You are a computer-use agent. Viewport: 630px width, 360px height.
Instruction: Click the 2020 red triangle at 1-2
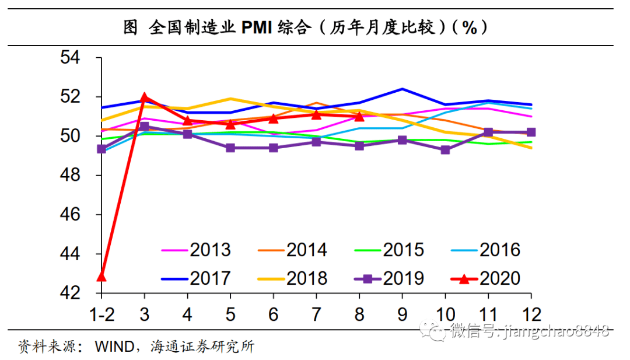pyautogui.click(x=101, y=275)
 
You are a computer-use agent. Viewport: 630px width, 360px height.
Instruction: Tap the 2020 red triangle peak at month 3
pyautogui.click(x=144, y=97)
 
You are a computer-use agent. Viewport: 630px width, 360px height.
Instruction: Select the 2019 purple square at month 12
pyautogui.click(x=531, y=132)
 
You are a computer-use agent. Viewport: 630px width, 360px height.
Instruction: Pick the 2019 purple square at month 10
pyautogui.click(x=445, y=150)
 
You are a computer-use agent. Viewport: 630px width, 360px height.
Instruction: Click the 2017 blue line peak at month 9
pyautogui.click(x=402, y=89)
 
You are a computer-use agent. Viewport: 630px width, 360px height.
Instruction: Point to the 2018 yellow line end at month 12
pyautogui.click(x=531, y=148)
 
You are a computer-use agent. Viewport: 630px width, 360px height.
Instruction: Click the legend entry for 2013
pyautogui.click(x=196, y=250)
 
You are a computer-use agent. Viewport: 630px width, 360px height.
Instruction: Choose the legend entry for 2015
pyautogui.click(x=389, y=250)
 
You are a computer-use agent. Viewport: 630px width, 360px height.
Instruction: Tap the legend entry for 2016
pyautogui.click(x=485, y=250)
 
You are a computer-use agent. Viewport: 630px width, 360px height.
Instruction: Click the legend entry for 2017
pyautogui.click(x=196, y=278)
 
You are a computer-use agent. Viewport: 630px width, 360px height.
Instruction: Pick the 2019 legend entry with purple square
pyautogui.click(x=389, y=278)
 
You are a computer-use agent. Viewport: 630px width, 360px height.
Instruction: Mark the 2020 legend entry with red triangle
pyautogui.click(x=485, y=278)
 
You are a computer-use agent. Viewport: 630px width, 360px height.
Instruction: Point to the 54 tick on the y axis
pyautogui.click(x=73, y=58)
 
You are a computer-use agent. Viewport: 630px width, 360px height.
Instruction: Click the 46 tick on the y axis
pyautogui.click(x=73, y=215)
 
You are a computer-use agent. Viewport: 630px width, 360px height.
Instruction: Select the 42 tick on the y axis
pyautogui.click(x=73, y=293)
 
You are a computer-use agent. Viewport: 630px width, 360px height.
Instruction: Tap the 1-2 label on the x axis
pyautogui.click(x=101, y=314)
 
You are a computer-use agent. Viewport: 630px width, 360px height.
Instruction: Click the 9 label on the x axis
pyautogui.click(x=402, y=314)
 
